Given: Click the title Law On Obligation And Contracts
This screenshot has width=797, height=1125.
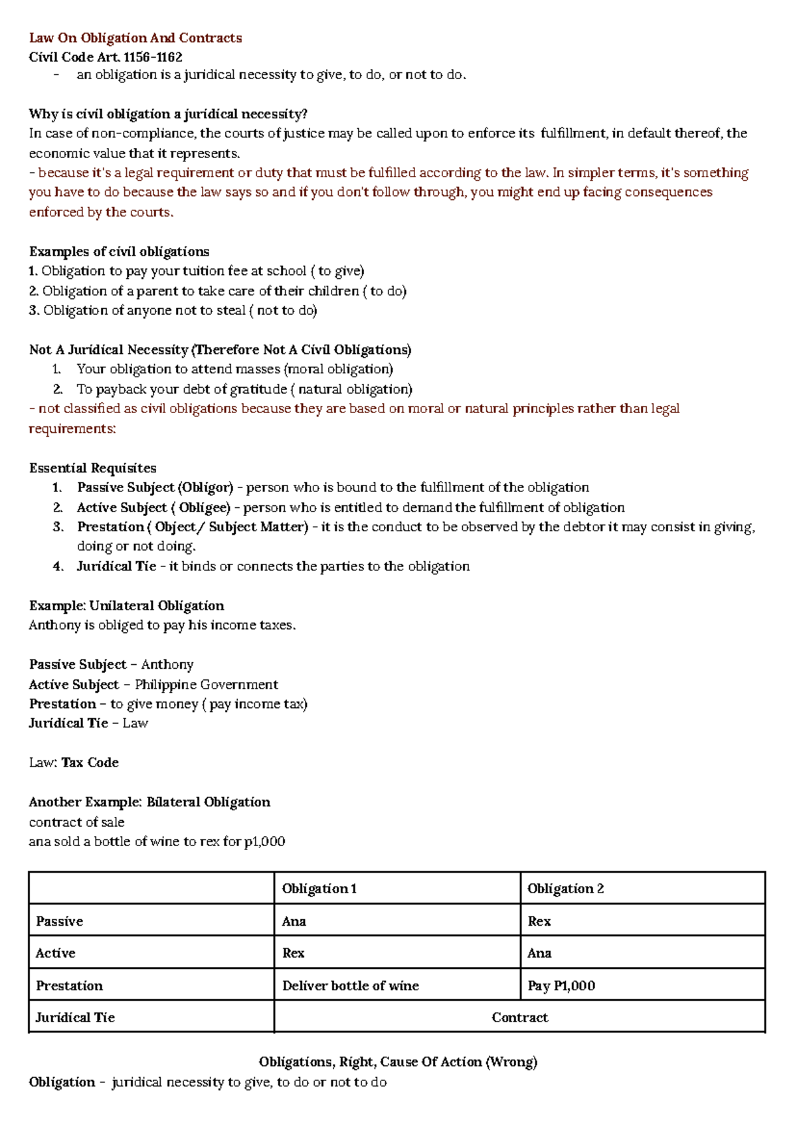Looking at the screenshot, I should (135, 38).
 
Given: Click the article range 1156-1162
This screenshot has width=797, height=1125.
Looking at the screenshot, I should (153, 57).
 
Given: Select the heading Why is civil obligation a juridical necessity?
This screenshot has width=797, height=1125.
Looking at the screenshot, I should (168, 114).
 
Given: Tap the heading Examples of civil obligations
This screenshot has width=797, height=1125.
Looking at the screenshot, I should (119, 252).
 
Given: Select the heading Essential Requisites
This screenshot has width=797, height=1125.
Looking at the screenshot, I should (93, 468).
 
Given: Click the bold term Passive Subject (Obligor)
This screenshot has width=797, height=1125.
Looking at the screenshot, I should (155, 487).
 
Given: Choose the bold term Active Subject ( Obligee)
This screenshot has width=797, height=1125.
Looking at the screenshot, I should (153, 507).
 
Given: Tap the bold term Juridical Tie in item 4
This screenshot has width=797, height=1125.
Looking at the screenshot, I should (116, 566).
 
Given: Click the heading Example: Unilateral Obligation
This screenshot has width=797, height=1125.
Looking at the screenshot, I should (126, 606).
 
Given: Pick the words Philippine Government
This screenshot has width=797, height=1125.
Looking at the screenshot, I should (206, 685).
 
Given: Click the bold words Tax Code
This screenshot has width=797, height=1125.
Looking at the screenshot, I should (90, 763).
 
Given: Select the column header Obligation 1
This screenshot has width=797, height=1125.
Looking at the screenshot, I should (319, 889).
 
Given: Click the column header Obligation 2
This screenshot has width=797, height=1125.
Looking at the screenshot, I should (565, 889).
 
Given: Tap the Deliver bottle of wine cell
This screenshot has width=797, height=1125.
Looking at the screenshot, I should (350, 986).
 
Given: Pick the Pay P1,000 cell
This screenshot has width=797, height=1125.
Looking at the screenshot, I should (561, 986).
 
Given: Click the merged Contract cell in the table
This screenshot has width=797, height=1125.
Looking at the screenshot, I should (519, 1017).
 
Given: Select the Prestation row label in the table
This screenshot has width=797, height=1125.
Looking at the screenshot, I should (69, 986).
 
